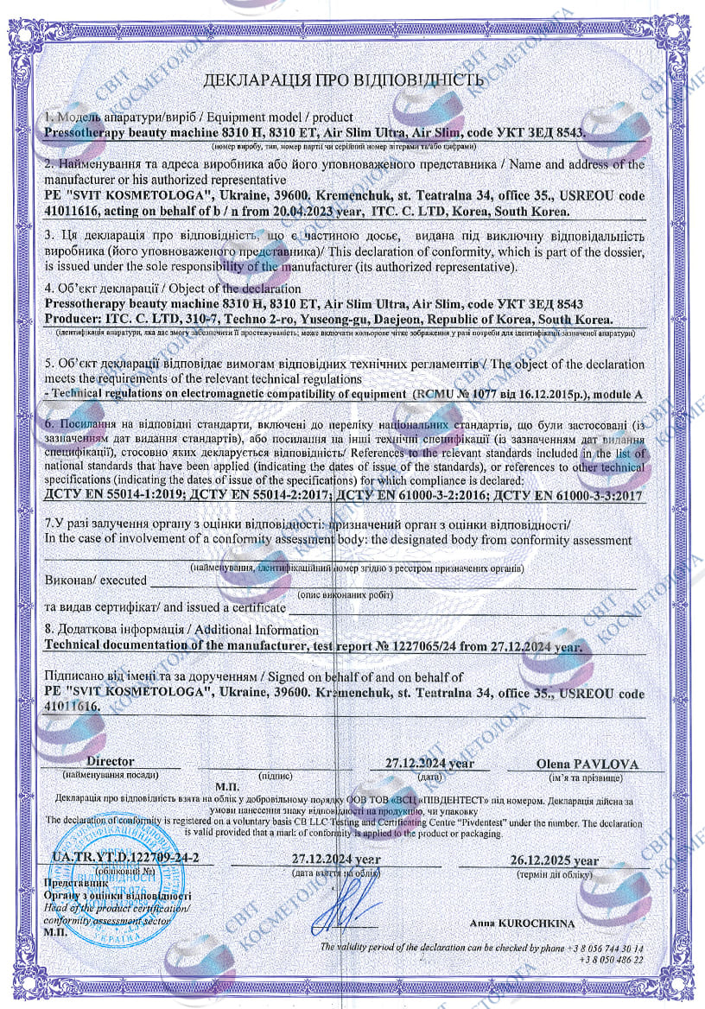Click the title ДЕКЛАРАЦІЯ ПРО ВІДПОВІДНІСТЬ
(342, 81)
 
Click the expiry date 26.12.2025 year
(554, 860)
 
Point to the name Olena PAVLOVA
(587, 764)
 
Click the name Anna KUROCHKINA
(523, 923)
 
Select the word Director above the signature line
(111, 761)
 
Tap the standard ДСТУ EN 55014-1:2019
(116, 495)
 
